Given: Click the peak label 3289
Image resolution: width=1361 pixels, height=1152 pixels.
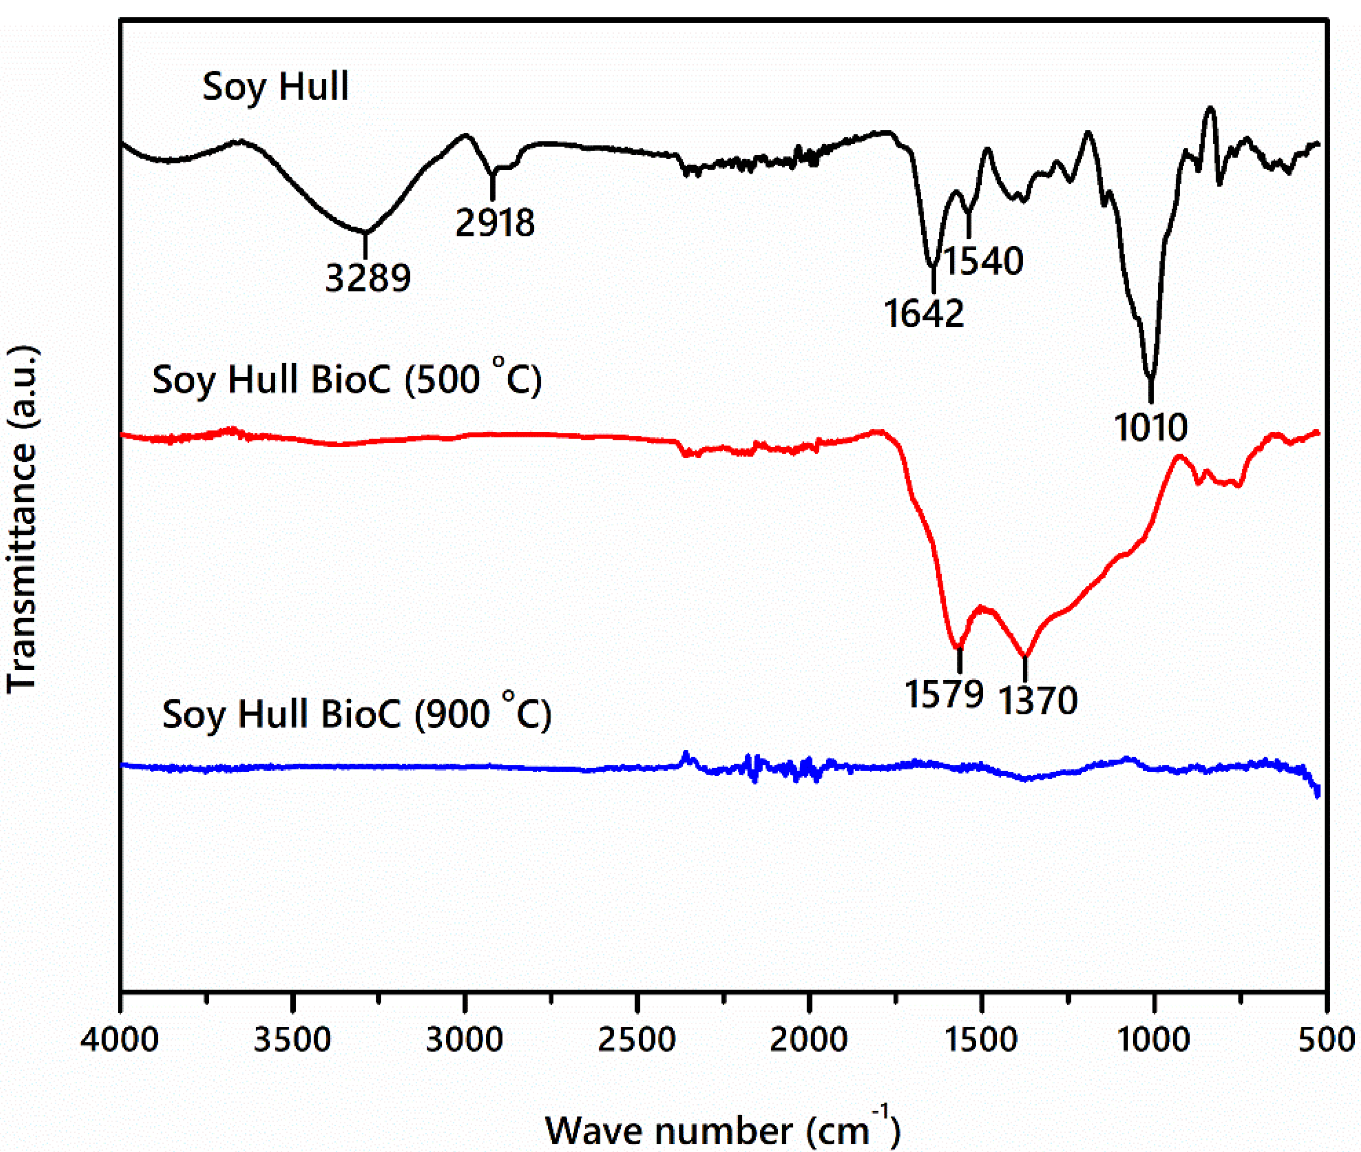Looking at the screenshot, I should point(368,278).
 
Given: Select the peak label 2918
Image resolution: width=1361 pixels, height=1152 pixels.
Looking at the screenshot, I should point(495,223).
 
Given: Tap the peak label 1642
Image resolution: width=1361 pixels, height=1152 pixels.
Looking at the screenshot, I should point(924,314).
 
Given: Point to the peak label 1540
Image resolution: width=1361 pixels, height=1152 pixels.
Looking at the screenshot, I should point(983,261).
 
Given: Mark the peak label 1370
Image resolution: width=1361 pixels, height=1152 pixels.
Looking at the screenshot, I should point(1038,700).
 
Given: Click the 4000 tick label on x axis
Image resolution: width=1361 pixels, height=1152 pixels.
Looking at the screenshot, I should point(120,1039).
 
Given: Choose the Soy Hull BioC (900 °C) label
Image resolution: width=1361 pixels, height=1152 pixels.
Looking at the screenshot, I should point(357,714).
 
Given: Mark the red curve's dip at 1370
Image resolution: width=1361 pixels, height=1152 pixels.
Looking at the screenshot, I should point(1025,657).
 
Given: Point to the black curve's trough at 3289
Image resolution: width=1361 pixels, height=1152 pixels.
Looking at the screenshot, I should point(365,232).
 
